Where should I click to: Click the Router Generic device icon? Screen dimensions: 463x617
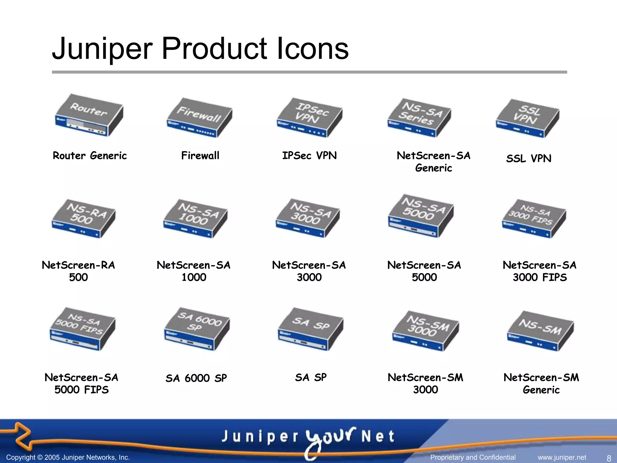[x=89, y=115]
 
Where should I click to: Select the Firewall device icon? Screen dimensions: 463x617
[x=199, y=118]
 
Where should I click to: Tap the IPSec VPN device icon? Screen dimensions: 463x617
[x=309, y=118]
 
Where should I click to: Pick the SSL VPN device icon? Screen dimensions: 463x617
[x=528, y=118]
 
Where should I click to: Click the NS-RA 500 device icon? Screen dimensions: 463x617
[x=83, y=219]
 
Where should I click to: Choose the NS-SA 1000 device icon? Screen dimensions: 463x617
[x=195, y=219]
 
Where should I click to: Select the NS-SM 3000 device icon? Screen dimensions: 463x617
[x=425, y=331]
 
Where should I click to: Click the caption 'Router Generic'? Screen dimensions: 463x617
[x=90, y=156]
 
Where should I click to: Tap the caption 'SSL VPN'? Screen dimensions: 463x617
[x=529, y=159]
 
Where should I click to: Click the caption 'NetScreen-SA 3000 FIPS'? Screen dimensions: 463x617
[x=540, y=271]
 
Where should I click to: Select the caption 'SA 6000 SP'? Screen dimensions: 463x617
[x=196, y=378]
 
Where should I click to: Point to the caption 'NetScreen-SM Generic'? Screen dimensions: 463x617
[x=541, y=383]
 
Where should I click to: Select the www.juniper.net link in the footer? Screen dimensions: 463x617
[x=562, y=458]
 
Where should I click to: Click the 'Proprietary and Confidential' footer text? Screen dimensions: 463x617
[x=473, y=458]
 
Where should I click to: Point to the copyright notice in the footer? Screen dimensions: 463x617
[x=68, y=458]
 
